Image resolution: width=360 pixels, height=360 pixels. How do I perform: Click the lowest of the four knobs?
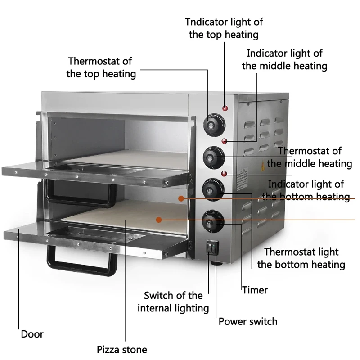click(x=210, y=220)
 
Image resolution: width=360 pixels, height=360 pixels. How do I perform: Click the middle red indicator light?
click(x=224, y=140)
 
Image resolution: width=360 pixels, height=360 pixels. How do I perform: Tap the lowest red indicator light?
click(x=223, y=173)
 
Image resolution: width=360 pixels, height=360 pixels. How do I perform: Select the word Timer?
click(x=255, y=290)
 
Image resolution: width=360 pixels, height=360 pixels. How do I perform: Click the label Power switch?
click(x=248, y=321)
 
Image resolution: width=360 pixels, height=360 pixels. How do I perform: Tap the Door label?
click(x=32, y=334)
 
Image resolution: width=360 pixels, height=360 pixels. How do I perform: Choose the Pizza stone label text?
click(x=122, y=349)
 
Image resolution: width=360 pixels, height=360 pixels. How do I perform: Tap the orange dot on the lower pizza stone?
click(x=158, y=220)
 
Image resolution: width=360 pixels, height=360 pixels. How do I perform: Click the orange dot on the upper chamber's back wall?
click(x=180, y=198)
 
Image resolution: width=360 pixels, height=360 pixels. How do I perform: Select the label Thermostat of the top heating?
click(x=101, y=67)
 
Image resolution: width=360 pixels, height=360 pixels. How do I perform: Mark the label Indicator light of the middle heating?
click(x=284, y=59)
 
